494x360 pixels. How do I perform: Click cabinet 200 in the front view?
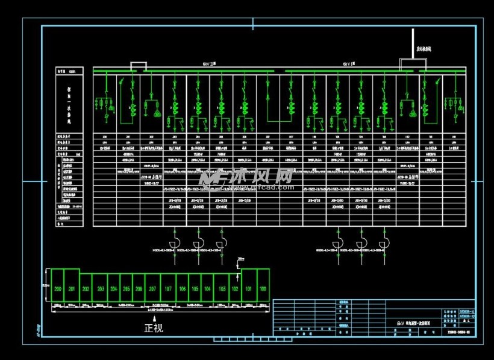click(58, 289)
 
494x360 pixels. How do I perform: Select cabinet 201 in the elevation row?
click(72, 289)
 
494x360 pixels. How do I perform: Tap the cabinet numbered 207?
click(152, 289)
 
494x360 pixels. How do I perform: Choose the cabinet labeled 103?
click(222, 289)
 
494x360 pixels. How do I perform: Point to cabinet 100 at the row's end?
click(263, 289)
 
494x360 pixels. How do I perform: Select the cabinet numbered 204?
click(113, 289)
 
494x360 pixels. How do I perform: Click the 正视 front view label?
click(153, 328)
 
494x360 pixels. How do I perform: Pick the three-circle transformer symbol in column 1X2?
click(412, 113)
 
